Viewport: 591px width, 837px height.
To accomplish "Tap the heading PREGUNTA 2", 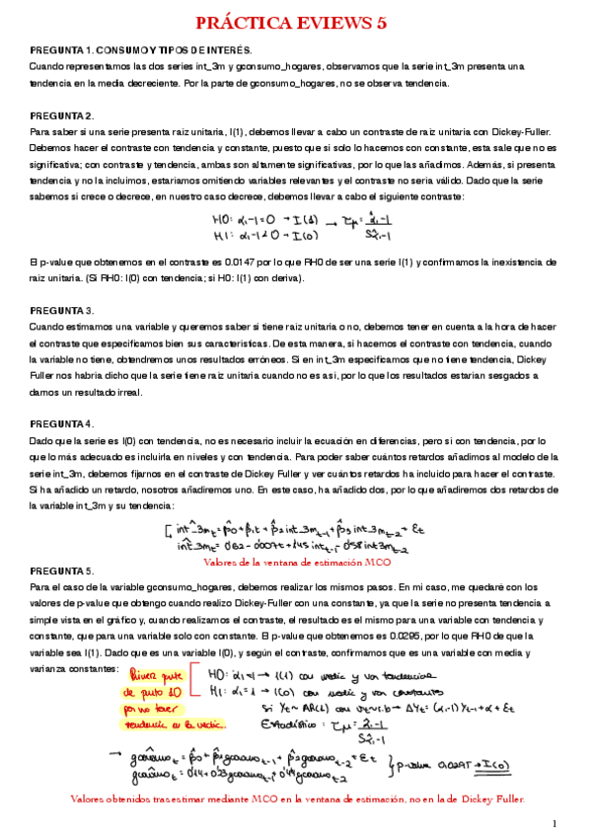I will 62,115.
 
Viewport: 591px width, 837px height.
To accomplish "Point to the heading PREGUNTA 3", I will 62,309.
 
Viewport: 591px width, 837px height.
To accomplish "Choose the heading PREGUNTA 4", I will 62,423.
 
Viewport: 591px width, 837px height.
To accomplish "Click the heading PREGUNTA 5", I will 62,571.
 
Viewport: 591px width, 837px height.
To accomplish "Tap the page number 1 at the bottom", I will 554,822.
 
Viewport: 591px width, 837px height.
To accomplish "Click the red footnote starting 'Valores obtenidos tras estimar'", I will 296,798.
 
